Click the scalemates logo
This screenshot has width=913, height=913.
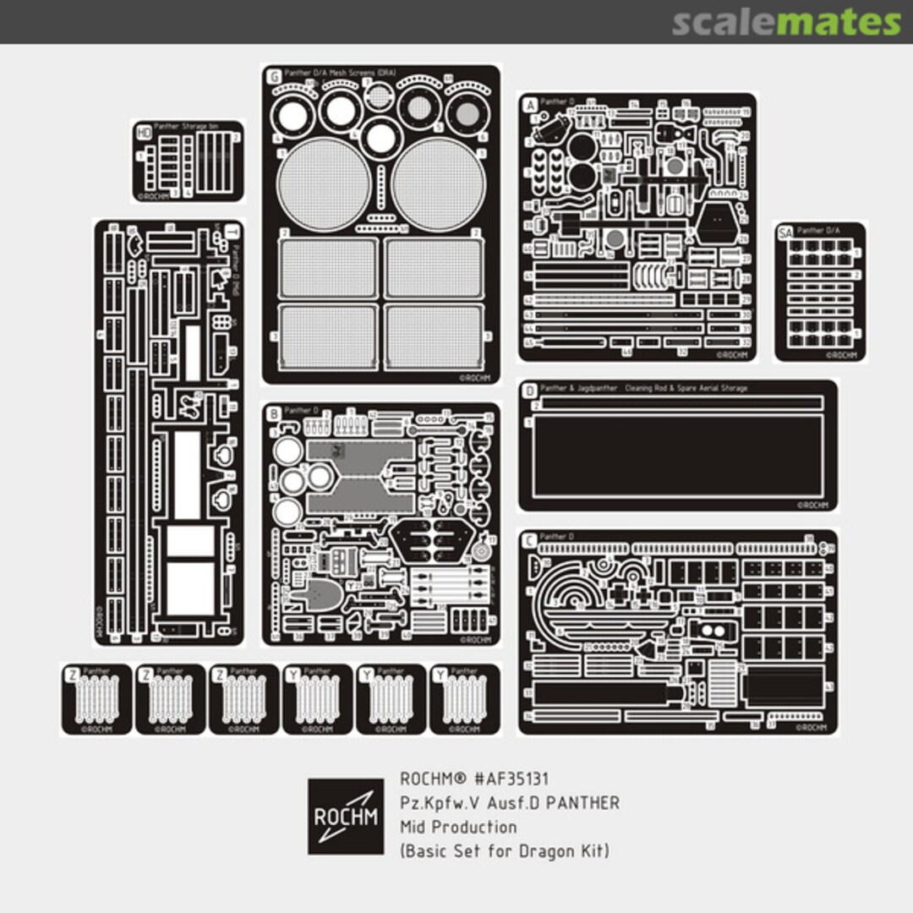(x=786, y=22)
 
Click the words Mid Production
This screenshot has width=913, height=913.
(x=457, y=826)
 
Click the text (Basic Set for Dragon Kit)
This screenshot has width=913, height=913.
(x=504, y=850)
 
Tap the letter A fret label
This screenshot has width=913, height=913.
(x=530, y=105)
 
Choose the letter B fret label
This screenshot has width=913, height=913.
(x=273, y=413)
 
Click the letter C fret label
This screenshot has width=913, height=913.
(x=529, y=539)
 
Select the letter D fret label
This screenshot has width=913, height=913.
(x=529, y=391)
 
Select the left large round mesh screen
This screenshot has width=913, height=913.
(x=324, y=183)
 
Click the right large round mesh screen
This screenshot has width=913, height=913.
(x=438, y=183)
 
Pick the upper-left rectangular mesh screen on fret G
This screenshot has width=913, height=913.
(x=328, y=267)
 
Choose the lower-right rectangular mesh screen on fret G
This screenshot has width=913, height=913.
(x=432, y=335)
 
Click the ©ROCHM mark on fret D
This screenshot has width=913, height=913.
(x=812, y=505)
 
